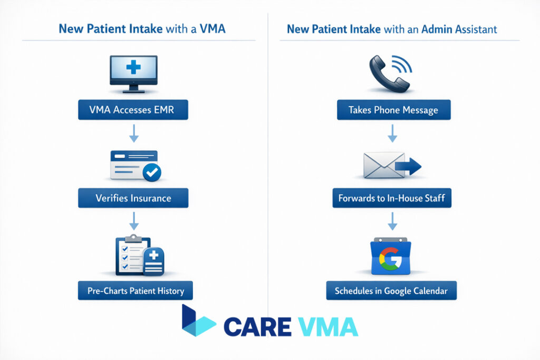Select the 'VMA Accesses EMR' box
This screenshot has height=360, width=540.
pyautogui.click(x=133, y=111)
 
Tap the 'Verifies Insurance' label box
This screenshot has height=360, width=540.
pyautogui.click(x=133, y=198)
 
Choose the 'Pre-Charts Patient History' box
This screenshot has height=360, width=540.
pyautogui.click(x=135, y=290)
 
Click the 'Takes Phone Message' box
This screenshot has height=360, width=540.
pyautogui.click(x=393, y=111)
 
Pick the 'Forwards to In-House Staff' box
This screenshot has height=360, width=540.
pyautogui.click(x=392, y=198)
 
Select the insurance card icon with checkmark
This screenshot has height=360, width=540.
pyautogui.click(x=135, y=166)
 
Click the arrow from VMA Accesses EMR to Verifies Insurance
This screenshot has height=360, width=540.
pyautogui.click(x=134, y=134)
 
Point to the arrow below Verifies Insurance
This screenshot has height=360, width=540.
pyautogui.click(x=134, y=220)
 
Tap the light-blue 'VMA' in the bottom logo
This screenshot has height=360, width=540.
pyautogui.click(x=327, y=326)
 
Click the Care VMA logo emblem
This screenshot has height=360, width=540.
pyautogui.click(x=198, y=321)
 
